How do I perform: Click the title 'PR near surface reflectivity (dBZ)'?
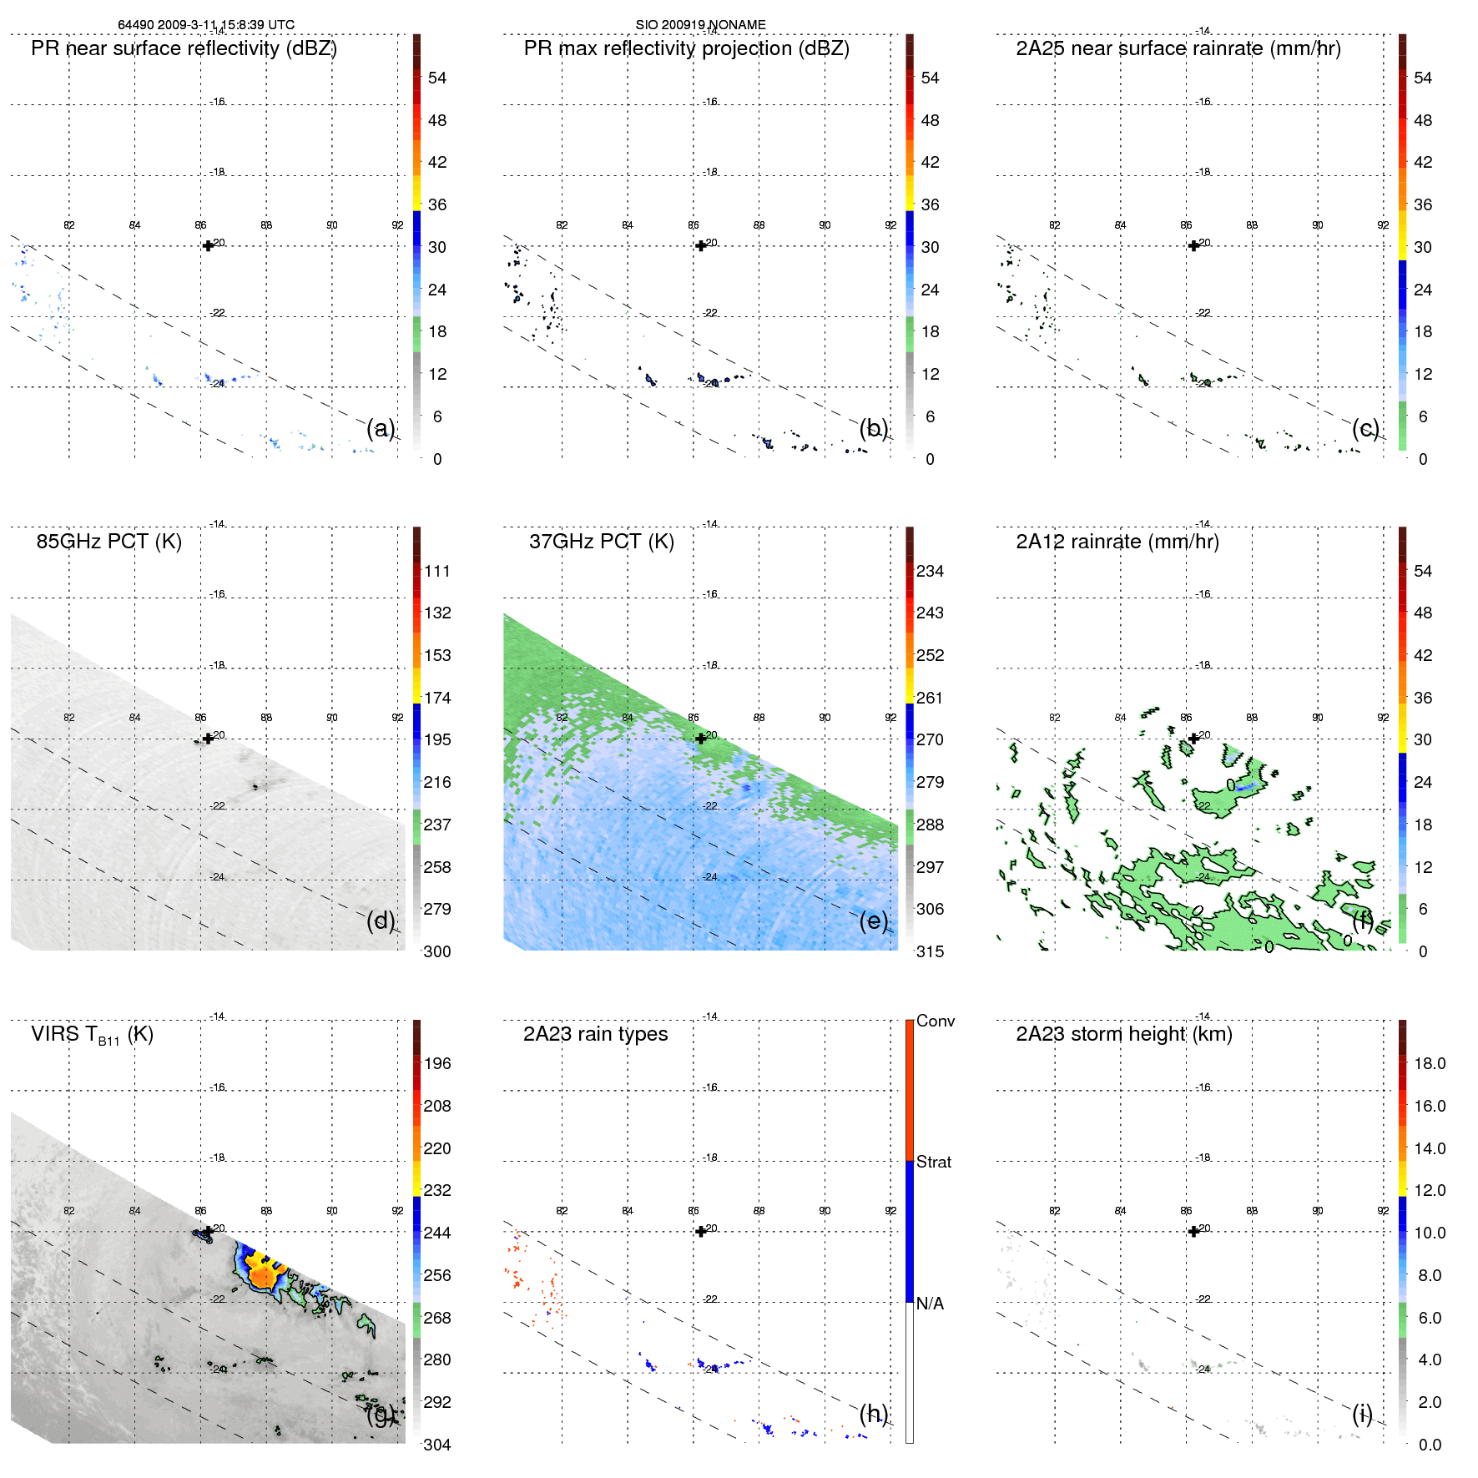[184, 48]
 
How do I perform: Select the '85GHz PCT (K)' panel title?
[108, 542]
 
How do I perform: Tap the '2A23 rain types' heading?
[595, 1034]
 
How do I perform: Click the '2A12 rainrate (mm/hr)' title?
[1117, 542]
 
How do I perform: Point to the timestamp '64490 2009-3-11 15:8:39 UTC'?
[206, 25]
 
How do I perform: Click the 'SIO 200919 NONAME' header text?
[700, 25]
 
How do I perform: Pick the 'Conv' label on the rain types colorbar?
[936, 1021]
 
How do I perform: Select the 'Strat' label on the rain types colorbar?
[934, 1162]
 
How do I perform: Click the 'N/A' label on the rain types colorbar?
[931, 1304]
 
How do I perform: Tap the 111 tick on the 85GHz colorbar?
[437, 572]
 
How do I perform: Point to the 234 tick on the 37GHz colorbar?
[930, 572]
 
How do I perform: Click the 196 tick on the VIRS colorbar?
[437, 1064]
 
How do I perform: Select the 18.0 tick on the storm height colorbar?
[1430, 1064]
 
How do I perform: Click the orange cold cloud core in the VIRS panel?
[264, 1275]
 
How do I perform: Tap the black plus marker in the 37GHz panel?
[701, 739]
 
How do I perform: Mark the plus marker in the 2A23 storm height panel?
[1193, 1231]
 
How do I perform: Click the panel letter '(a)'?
[381, 428]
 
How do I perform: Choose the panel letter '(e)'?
[874, 921]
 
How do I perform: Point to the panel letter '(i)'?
[1362, 1414]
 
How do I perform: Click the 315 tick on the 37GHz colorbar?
[930, 951]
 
